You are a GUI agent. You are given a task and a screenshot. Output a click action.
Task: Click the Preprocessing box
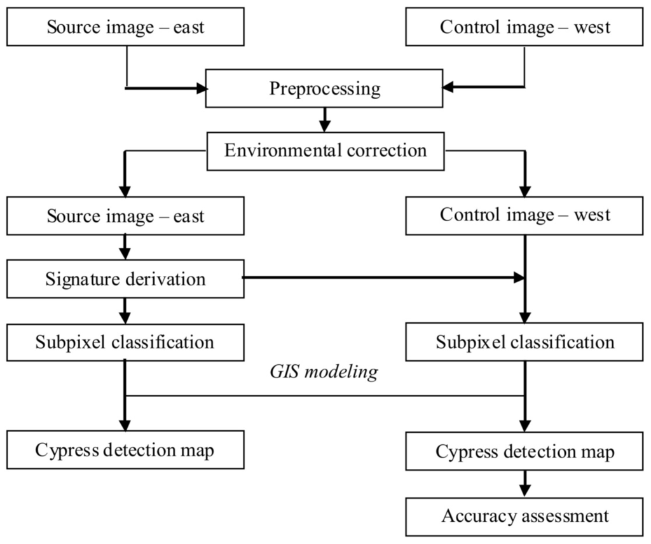coord(324,88)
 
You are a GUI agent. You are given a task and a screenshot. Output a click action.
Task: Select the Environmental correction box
coord(325,151)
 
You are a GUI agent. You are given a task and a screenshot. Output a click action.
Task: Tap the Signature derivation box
coord(125,278)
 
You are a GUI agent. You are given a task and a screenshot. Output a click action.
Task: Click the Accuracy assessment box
coord(524,515)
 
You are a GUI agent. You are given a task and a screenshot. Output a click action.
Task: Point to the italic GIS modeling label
coord(325,372)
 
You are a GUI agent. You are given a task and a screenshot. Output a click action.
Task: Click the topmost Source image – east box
coord(125,27)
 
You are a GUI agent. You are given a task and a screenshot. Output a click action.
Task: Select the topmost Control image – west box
coord(524,27)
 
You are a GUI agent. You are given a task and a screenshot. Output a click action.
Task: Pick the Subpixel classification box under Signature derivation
coord(125,342)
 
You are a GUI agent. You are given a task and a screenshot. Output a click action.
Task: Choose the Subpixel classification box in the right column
coord(524,343)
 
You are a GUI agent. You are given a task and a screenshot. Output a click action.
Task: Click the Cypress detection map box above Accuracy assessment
coord(524,451)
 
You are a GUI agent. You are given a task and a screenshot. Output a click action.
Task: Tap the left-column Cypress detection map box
coord(125,450)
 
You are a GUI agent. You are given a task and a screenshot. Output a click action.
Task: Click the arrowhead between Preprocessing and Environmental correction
coord(325,125)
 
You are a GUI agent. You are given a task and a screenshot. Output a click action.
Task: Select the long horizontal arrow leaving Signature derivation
coord(381,278)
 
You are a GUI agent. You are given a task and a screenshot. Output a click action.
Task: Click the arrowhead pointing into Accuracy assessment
coord(524,491)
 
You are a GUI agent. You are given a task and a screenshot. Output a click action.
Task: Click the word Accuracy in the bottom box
coord(470,515)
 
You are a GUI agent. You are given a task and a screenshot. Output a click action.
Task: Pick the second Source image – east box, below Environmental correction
coord(125,215)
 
